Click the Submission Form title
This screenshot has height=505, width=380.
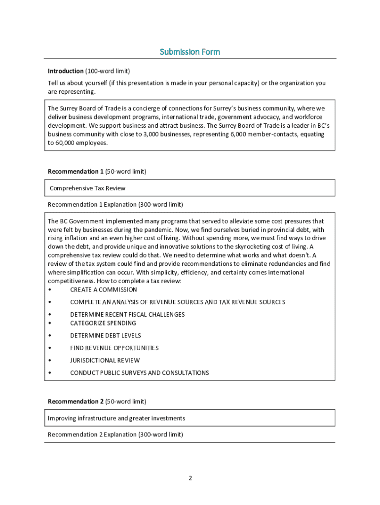click(190, 52)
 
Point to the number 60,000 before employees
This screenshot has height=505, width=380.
click(67, 143)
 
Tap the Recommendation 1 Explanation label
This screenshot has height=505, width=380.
click(115, 204)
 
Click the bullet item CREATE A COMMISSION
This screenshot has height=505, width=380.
click(103, 289)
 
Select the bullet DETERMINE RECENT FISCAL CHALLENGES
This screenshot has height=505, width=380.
click(127, 314)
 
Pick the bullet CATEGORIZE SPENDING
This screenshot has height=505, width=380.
click(103, 323)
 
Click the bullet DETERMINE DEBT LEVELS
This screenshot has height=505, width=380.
click(105, 335)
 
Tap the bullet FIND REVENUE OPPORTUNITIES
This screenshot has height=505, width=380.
click(114, 348)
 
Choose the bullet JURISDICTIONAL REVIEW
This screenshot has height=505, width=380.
click(105, 360)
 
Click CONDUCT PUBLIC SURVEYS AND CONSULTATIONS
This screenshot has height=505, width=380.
click(139, 372)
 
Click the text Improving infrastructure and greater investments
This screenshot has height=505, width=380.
click(116, 418)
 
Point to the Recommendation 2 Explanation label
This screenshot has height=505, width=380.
click(115, 434)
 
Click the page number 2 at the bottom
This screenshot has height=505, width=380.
click(190, 478)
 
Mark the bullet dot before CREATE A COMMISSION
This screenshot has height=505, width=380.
click(49, 290)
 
